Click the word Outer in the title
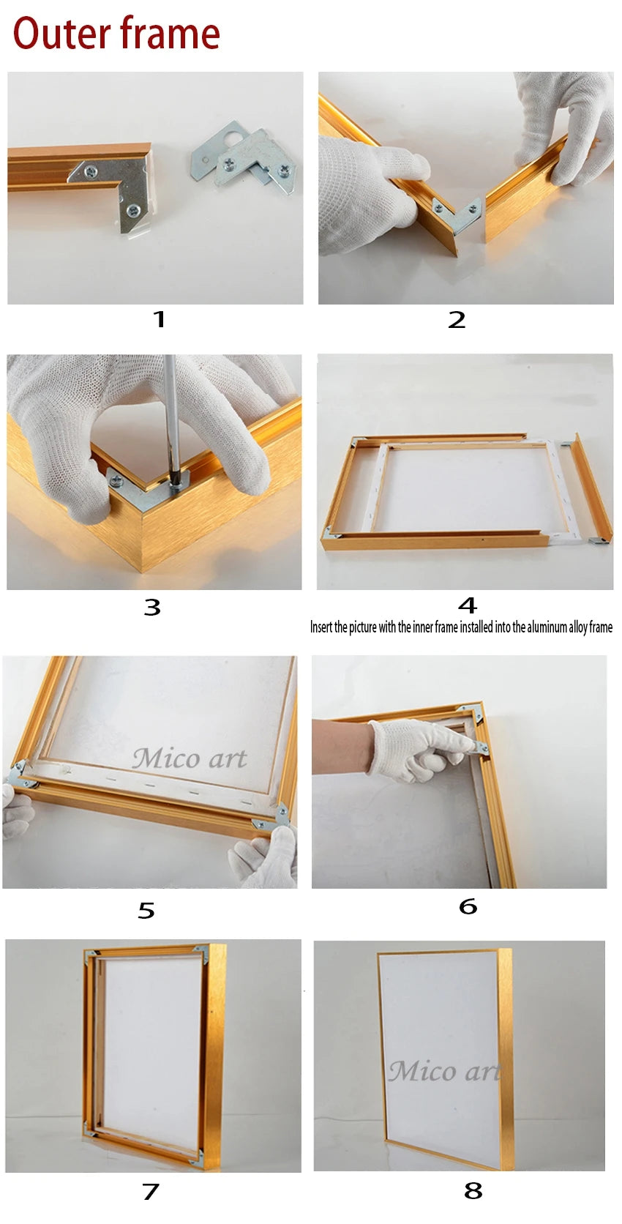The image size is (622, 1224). (x=61, y=34)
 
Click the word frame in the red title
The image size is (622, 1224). (x=170, y=34)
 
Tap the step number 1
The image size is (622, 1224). (x=159, y=319)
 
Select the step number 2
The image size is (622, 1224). (x=457, y=320)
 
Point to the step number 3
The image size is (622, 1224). (x=152, y=608)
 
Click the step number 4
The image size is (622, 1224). (x=468, y=605)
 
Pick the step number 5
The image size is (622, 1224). (x=146, y=911)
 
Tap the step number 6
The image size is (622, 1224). (x=468, y=906)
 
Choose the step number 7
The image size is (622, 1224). (x=151, y=1191)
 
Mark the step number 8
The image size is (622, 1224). (x=473, y=1190)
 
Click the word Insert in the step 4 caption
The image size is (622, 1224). (x=321, y=627)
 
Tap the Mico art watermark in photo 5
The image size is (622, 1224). (x=190, y=758)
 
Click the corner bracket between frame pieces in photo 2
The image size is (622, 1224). (x=457, y=214)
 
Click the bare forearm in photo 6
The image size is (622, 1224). (x=342, y=746)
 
